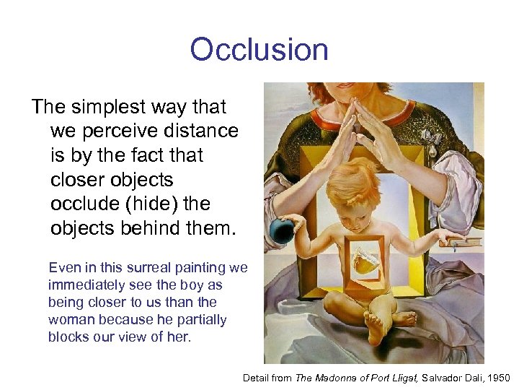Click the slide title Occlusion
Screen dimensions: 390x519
pos(259,50)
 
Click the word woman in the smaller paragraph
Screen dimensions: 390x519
pos(71,319)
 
